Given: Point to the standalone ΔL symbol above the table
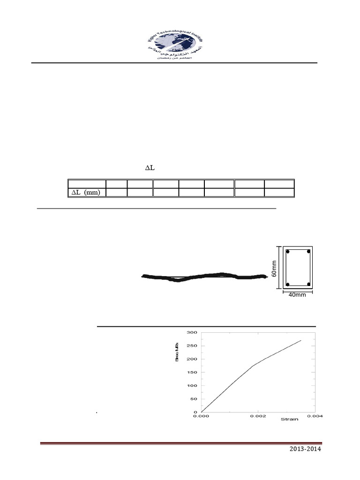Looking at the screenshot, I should (149, 168).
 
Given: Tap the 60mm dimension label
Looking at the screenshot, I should (274, 269).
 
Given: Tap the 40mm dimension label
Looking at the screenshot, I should (298, 295).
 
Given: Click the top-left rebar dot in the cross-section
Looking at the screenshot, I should (288, 252).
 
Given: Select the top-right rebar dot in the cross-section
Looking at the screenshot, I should (308, 252).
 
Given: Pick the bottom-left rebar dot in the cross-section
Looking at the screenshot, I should (288, 284).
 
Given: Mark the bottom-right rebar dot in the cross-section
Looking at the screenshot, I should (308, 284).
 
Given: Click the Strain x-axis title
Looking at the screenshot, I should (289, 419).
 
